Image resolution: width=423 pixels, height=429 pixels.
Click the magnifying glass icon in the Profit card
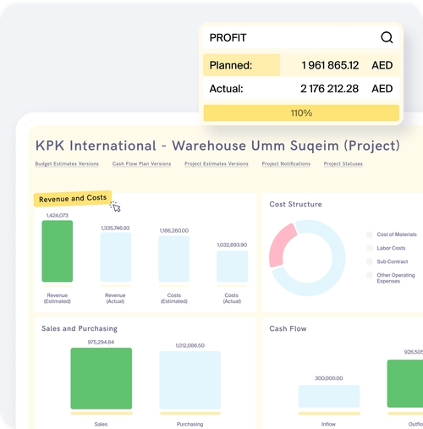(387, 37)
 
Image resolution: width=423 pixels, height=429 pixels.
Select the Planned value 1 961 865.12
(330, 65)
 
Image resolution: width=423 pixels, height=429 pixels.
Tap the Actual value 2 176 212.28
(330, 88)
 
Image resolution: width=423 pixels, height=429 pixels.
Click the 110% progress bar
(301, 113)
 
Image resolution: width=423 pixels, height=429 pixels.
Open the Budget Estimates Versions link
(67, 163)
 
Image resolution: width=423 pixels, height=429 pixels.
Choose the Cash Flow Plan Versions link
(141, 163)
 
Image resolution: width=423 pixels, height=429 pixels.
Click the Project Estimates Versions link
(217, 163)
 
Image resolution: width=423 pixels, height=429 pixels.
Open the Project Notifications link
(286, 163)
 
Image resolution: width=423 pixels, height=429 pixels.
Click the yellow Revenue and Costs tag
(73, 198)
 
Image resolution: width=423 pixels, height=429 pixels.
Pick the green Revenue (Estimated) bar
(58, 251)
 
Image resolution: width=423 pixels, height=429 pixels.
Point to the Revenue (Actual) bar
(116, 257)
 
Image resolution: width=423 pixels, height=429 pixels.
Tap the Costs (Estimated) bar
(174, 259)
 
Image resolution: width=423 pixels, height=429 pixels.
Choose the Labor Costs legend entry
(391, 248)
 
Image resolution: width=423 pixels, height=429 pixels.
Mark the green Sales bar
(101, 378)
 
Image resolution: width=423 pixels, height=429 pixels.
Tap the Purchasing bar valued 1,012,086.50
(190, 380)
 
